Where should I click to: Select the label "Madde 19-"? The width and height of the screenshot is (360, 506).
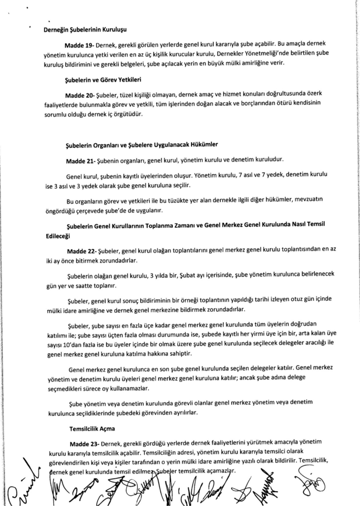[79, 45]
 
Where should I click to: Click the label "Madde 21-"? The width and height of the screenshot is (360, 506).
[80, 162]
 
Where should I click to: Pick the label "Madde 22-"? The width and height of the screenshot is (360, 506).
[81, 251]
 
